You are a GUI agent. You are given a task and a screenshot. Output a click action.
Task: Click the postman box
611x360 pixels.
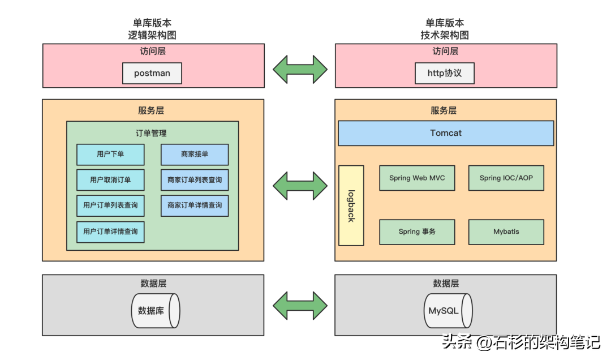point(152,73)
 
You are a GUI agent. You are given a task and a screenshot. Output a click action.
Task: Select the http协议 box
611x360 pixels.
point(444,73)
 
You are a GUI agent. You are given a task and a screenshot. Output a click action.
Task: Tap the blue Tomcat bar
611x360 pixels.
point(446,133)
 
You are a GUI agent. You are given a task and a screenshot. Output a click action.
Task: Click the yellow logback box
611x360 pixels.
point(351,205)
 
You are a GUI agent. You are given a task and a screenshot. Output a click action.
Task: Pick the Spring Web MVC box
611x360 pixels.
point(417,178)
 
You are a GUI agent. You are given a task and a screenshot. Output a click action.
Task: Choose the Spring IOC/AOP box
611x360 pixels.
point(506,178)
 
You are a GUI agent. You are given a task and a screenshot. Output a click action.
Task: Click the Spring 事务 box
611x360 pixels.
point(417,232)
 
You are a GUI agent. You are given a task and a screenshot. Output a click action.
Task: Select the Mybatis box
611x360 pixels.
point(506,232)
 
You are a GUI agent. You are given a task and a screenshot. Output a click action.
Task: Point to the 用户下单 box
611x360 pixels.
point(110,154)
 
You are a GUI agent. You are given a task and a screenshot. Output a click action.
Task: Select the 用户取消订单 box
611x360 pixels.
point(110,180)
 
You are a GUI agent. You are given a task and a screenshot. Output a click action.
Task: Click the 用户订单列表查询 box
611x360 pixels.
point(110,205)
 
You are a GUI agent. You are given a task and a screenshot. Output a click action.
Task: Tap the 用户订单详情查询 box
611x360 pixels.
point(110,232)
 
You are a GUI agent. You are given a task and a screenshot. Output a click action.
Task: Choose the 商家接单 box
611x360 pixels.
point(195,154)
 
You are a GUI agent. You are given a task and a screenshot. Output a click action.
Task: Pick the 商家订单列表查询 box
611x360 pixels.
point(195,180)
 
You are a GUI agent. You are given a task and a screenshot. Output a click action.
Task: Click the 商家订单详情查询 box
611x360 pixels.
point(195,205)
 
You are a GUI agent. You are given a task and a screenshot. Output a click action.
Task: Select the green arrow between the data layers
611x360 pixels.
point(300,306)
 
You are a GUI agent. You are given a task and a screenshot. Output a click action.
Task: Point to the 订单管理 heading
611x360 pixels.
point(151,134)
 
